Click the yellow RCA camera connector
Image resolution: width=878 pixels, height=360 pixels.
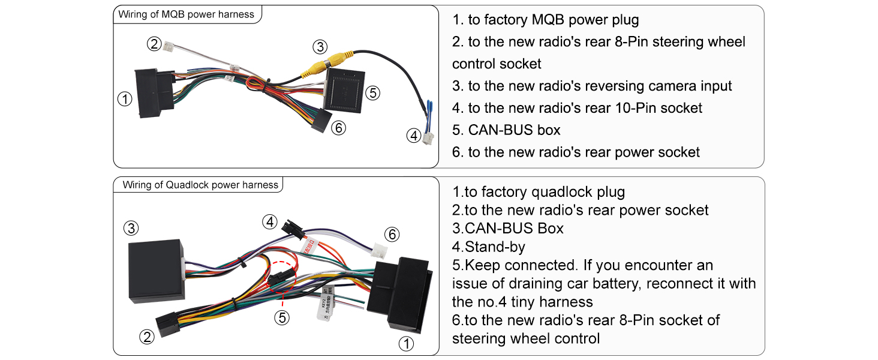327,63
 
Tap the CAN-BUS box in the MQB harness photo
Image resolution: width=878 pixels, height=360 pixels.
344,90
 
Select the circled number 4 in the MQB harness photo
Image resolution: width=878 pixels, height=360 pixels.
414,136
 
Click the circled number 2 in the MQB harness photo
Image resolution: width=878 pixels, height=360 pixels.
154,44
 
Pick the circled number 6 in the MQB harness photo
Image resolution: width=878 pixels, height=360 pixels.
339,128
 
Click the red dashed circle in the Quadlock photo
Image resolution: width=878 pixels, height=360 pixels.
282,277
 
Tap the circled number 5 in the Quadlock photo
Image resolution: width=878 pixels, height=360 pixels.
282,317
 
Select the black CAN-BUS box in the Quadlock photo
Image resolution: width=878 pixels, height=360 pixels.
157,271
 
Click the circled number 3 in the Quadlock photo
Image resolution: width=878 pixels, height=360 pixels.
131,228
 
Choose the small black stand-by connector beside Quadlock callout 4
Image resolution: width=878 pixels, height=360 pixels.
293,229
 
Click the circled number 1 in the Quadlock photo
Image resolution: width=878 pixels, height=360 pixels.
406,344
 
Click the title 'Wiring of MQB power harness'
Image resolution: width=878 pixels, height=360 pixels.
186,14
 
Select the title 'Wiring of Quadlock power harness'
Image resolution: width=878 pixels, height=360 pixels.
200,185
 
